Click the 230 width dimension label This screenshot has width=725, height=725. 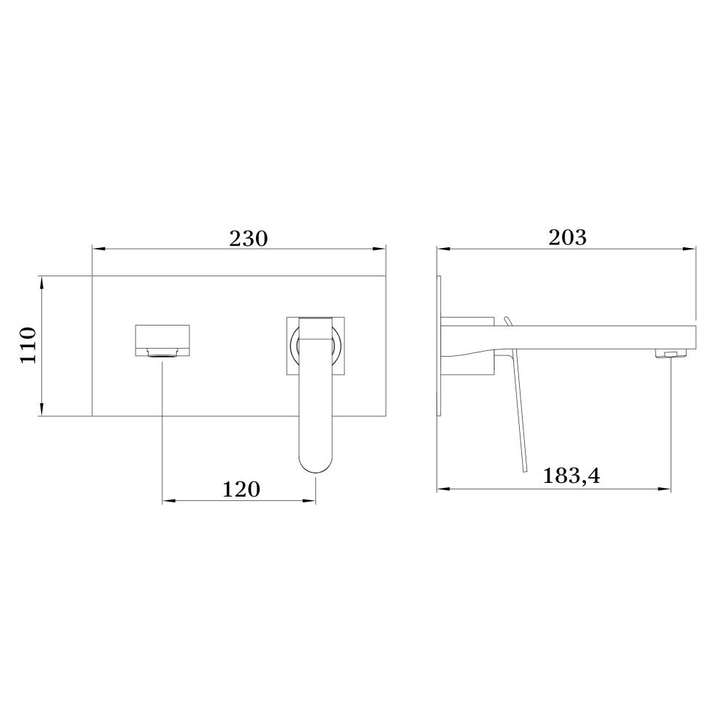coord(248,239)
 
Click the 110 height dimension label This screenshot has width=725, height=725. coord(28,345)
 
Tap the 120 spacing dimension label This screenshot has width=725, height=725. coord(241,489)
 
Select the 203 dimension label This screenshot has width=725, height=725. coord(568,238)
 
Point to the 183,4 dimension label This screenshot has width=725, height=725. coord(571,476)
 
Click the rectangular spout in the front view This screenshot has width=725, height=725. coord(162,341)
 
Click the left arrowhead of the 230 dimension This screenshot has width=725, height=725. coord(99,249)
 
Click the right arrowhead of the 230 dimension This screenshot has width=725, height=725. coord(379,249)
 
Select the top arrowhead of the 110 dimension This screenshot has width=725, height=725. coord(41,283)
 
